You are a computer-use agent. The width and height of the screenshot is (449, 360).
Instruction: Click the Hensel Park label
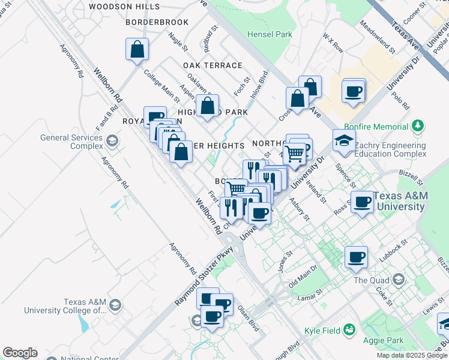point(270,34)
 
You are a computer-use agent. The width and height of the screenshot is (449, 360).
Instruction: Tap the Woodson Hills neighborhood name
point(124,7)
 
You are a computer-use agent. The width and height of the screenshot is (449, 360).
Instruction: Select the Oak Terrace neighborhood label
point(214,65)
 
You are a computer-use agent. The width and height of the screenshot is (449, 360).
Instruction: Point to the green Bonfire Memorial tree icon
point(418,127)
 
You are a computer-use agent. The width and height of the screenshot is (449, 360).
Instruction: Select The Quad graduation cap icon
point(398,280)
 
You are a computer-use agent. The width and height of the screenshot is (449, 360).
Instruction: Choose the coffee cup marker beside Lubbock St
point(356,258)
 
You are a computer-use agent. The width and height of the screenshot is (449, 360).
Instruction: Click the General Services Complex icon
point(112,141)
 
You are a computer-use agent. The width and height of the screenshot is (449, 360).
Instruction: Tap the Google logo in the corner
point(20,353)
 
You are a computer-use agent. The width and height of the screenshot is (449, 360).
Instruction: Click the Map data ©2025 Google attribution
point(412,355)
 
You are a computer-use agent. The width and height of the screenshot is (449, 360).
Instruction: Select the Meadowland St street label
point(375,38)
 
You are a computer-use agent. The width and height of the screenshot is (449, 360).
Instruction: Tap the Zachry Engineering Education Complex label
point(390,149)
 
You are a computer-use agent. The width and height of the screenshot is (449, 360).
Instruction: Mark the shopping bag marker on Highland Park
point(207,106)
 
